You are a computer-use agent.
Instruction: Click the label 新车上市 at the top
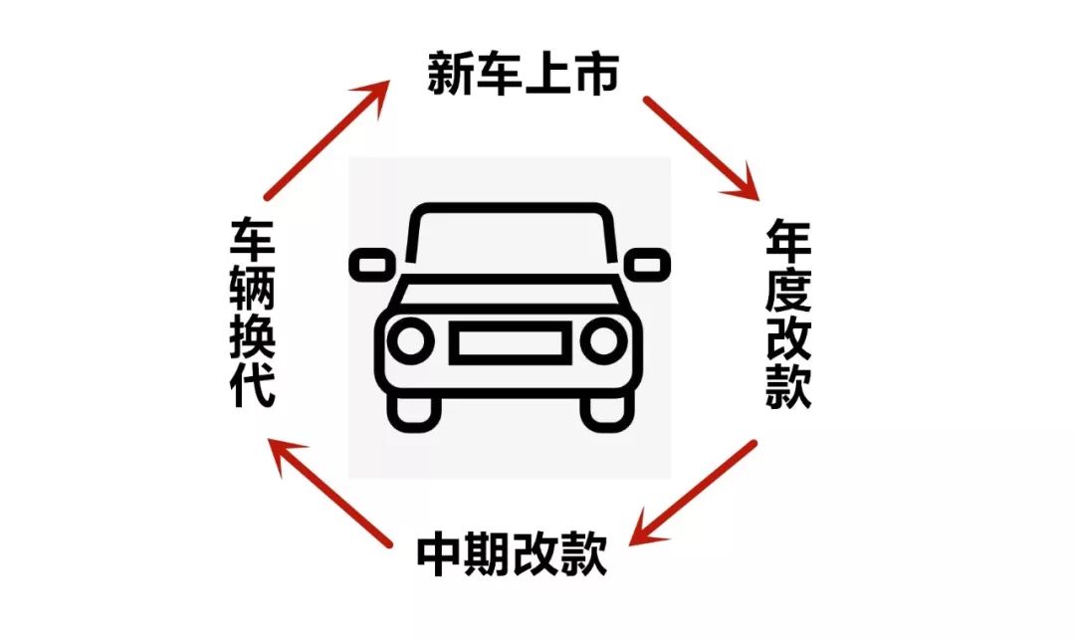point(524,75)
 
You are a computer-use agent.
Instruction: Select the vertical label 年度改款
point(788,315)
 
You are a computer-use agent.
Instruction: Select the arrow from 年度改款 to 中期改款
point(697,493)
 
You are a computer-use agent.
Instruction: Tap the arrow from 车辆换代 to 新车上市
point(326,140)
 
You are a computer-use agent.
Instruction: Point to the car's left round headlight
point(408,341)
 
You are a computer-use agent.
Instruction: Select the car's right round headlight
point(603,341)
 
